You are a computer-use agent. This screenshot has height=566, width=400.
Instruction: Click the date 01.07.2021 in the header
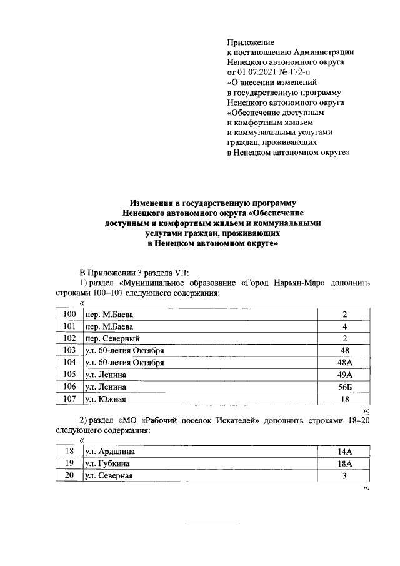[x=257, y=72]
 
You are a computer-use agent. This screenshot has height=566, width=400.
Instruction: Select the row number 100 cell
[x=69, y=314]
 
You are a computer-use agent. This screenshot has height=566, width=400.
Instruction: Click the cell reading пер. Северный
[x=109, y=338]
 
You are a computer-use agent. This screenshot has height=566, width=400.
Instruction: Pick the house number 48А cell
[x=344, y=362]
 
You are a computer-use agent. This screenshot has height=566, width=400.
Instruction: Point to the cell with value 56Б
[x=344, y=387]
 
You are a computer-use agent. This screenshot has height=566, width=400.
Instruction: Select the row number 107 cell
[x=69, y=398]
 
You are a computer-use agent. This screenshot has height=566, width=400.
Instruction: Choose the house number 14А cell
[x=344, y=451]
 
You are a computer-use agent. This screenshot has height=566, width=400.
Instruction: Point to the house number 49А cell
[x=344, y=375]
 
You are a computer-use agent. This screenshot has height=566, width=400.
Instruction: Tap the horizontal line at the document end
[x=212, y=522]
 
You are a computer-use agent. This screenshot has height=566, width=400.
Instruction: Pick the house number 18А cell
[x=344, y=463]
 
